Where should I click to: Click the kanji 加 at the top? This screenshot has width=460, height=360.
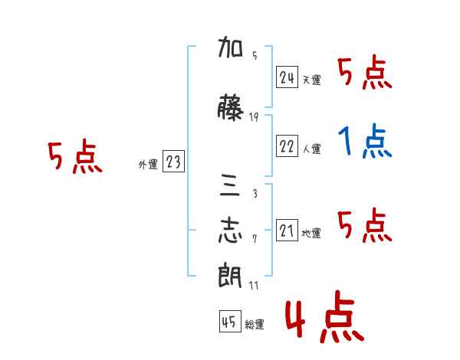pyautogui.click(x=230, y=47)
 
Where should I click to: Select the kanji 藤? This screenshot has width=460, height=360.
pyautogui.click(x=230, y=107)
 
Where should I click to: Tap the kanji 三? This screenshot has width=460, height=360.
pyautogui.click(x=230, y=185)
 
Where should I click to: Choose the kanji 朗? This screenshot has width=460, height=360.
pyautogui.click(x=230, y=275)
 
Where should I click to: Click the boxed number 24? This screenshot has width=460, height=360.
pyautogui.click(x=287, y=77)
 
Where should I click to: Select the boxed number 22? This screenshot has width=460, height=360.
pyautogui.click(x=287, y=146)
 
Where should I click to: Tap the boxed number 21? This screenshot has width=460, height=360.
pyautogui.click(x=287, y=230)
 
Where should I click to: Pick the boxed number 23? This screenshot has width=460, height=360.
pyautogui.click(x=173, y=161)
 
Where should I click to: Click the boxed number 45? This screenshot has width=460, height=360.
pyautogui.click(x=230, y=321)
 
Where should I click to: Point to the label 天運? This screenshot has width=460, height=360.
pyautogui.click(x=312, y=80)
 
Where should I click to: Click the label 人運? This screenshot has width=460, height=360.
pyautogui.click(x=312, y=149)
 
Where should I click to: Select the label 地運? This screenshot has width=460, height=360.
pyautogui.click(x=311, y=233)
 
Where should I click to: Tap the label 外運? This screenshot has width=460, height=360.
pyautogui.click(x=148, y=165)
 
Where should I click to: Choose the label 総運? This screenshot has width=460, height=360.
pyautogui.click(x=255, y=324)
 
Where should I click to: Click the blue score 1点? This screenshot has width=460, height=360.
pyautogui.click(x=365, y=141)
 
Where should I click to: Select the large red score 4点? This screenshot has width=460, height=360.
pyautogui.click(x=325, y=317)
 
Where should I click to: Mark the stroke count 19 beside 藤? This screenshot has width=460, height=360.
pyautogui.click(x=254, y=117)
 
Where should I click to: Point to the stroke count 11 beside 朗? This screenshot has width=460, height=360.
pyautogui.click(x=254, y=285)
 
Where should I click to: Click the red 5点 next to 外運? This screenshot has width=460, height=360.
pyautogui.click(x=75, y=156)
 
